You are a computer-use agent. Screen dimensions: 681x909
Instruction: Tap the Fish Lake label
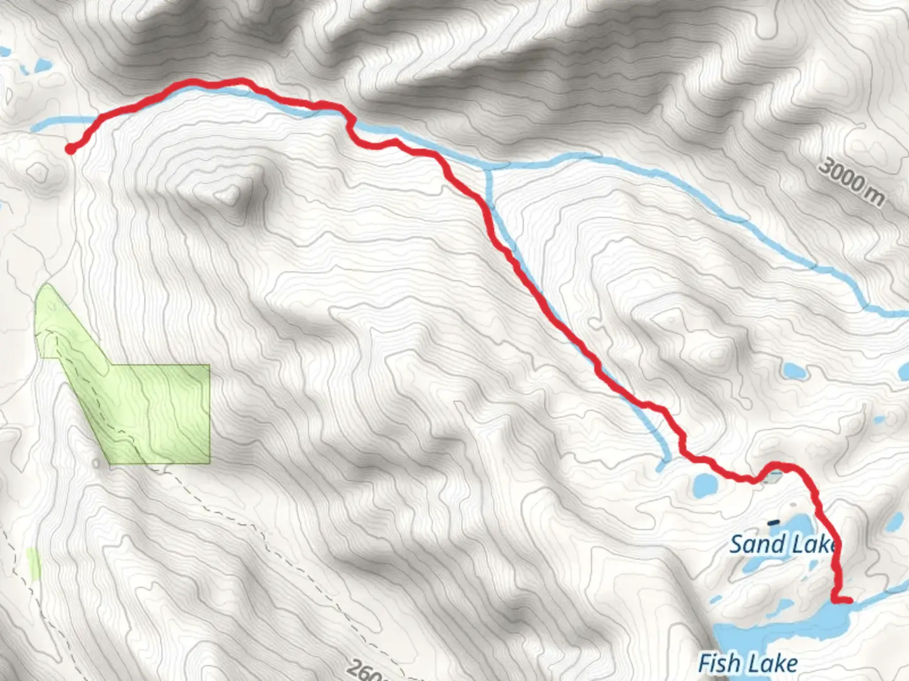tap(747, 663)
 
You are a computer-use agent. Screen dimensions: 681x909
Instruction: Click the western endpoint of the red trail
tap(71, 149)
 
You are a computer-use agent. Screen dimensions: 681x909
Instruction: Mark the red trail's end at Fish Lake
tap(849, 600)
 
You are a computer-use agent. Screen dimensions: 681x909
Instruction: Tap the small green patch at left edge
tap(33, 564)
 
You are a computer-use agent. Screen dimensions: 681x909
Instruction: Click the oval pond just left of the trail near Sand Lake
tap(705, 484)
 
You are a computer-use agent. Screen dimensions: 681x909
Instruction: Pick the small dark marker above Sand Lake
tap(773, 522)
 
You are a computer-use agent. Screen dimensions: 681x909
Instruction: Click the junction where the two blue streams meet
tap(488, 168)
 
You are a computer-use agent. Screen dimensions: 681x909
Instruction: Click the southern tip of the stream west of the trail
tap(661, 467)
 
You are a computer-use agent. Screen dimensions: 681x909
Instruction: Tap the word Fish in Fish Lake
tap(718, 663)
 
